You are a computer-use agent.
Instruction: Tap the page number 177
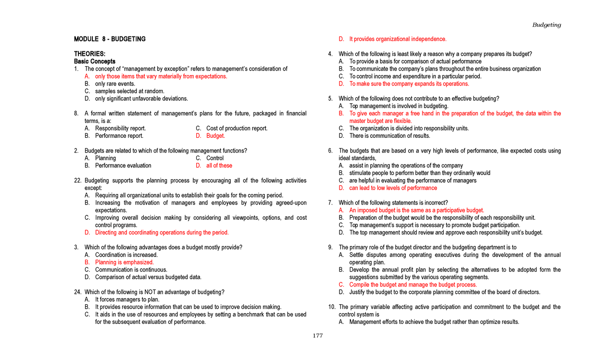(317, 336)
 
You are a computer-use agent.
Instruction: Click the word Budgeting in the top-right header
(546, 25)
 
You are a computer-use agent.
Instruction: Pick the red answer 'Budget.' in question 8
(215, 136)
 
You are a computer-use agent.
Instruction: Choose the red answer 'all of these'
(219, 165)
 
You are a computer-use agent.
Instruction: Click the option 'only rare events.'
(115, 84)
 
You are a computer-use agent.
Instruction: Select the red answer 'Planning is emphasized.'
(125, 262)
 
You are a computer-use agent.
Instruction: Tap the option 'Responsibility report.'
(121, 128)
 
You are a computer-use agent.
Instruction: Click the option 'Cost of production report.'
(237, 128)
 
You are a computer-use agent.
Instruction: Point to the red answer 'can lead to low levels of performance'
(393, 188)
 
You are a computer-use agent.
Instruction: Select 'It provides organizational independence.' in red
(398, 39)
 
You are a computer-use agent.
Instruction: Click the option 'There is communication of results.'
(390, 136)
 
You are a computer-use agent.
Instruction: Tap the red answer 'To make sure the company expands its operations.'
(409, 84)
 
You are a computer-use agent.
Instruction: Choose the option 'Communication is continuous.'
(131, 270)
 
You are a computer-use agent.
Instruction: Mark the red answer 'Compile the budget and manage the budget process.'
(413, 284)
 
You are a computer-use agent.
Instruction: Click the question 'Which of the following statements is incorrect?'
(393, 202)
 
